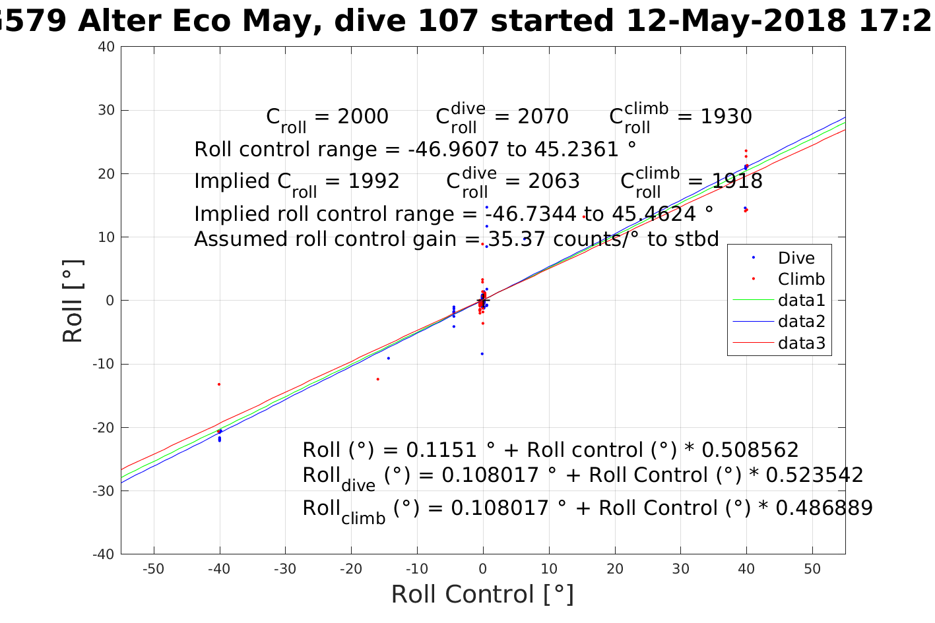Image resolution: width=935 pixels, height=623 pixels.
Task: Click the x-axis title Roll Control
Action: coord(482,594)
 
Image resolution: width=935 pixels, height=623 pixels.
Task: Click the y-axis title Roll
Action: coord(73,301)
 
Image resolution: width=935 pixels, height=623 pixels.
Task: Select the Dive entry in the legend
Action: coord(796,258)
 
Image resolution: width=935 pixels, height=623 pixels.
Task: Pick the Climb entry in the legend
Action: coord(801,279)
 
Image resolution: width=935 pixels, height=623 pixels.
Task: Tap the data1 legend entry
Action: coord(801,301)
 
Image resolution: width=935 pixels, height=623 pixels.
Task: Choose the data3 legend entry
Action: coord(801,343)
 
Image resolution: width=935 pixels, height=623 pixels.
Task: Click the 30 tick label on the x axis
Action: coord(680,569)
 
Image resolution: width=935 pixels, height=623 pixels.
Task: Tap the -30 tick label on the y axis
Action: coord(104,491)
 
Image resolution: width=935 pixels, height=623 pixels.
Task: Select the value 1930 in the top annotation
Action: coord(725,117)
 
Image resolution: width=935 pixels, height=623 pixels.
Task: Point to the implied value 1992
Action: coord(373,181)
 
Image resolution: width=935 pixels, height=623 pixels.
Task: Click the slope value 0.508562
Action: coord(750,450)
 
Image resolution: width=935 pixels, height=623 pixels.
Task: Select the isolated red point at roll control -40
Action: coord(219,384)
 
